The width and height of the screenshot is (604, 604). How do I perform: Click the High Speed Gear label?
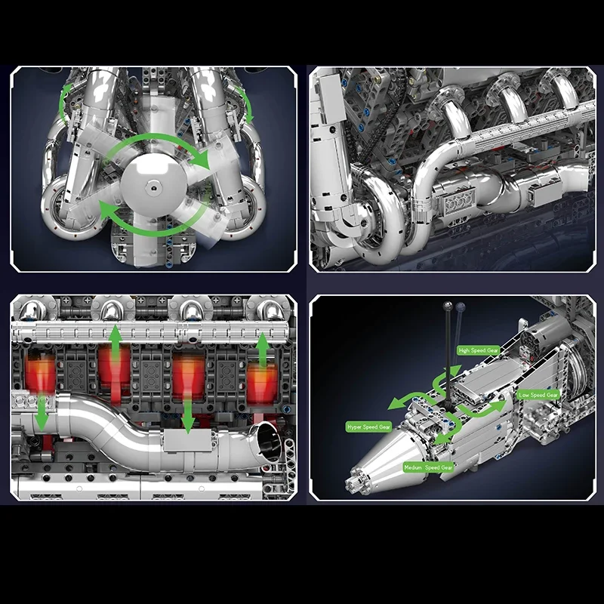[479, 350]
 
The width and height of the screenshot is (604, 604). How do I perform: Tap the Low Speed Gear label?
[538, 395]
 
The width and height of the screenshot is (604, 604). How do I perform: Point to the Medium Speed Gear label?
[428, 467]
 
